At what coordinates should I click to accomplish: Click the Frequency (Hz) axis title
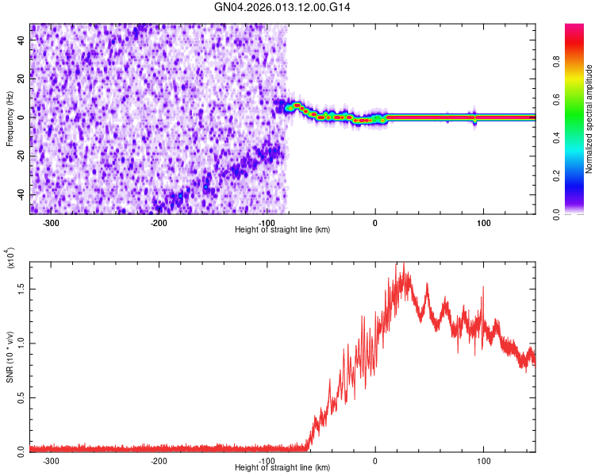10,118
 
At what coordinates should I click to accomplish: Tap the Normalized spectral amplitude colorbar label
589,119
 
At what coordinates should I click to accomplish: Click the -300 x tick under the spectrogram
52,221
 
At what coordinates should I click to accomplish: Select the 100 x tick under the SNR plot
483,459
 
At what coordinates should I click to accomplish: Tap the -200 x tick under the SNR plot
159,459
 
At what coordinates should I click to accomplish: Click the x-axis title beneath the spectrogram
282,229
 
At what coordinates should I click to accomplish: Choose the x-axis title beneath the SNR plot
282,467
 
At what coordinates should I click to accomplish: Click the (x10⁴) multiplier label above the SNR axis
11,259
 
